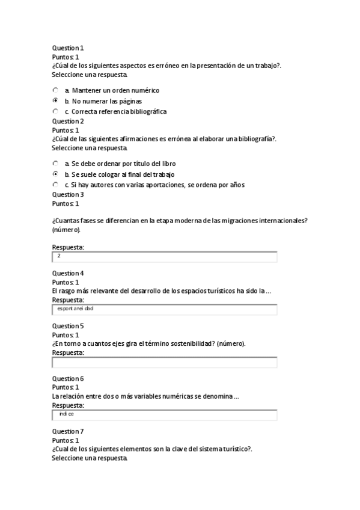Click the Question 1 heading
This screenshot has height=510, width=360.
[x=68, y=48]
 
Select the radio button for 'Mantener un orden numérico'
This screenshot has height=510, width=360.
[x=55, y=90]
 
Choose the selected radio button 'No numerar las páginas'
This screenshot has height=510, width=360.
[x=55, y=101]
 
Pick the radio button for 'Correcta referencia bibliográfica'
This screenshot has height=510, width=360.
[x=55, y=112]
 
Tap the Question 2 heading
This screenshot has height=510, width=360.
[x=68, y=121]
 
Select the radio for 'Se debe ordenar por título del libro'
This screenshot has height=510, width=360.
[x=55, y=164]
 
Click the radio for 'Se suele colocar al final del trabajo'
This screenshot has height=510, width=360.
[x=55, y=174]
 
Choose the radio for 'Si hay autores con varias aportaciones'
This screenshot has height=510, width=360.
[x=55, y=185]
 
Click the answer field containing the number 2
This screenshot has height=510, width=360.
[x=165, y=257]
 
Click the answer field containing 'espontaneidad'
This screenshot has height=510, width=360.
[x=165, y=309]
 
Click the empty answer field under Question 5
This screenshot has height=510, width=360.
[x=165, y=362]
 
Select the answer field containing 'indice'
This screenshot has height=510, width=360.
[x=165, y=415]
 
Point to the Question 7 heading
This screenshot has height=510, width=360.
[x=68, y=431]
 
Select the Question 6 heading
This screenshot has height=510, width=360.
[x=68, y=378]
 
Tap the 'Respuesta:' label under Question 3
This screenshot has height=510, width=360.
[x=68, y=247]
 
